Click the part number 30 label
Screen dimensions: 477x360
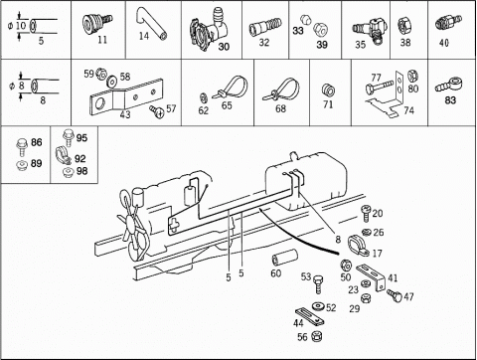click(224, 47)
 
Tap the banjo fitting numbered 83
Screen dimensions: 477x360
click(450, 85)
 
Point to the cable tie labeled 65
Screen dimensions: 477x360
click(234, 88)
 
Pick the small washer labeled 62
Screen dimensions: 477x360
click(203, 97)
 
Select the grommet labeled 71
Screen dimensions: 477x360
click(328, 90)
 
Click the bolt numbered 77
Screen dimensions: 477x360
click(380, 87)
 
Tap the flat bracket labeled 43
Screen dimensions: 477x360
click(126, 96)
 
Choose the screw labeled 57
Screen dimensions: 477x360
click(156, 111)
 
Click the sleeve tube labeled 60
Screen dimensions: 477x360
click(284, 258)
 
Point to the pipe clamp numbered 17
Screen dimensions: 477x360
click(357, 246)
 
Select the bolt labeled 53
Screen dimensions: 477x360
click(318, 284)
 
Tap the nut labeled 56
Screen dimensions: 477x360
click(317, 336)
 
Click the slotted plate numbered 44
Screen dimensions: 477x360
click(309, 316)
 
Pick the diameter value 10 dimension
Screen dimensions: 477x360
click(20, 26)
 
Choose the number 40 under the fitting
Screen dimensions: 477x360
click(444, 43)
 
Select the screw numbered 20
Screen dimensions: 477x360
click(366, 214)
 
